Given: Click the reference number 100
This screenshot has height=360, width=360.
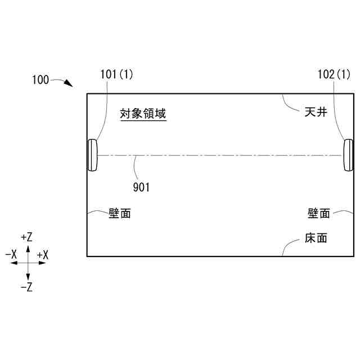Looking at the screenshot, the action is coord(40,80).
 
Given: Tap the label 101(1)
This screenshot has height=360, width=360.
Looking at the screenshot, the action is coord(117,73).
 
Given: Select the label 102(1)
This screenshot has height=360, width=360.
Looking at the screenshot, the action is coord(334,73).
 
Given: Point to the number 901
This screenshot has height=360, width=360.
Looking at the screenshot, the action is coord(141,187).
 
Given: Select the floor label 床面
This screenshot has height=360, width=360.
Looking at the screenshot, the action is coord(316,238).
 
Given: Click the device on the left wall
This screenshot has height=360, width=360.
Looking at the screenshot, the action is coord(92,155).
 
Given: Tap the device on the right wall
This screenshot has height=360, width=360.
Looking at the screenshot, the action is coord(348,155).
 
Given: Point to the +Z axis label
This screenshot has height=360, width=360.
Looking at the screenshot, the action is coord(26,237).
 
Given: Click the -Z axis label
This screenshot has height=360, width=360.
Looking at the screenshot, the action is coord(26,287).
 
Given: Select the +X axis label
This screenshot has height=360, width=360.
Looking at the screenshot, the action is coord(42,255).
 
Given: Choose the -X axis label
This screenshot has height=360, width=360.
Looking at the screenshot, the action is coord(11,255).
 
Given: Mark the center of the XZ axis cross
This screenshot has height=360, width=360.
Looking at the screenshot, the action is coord(27,262).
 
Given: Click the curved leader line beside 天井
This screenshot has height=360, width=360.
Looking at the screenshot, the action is coord(290,105).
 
